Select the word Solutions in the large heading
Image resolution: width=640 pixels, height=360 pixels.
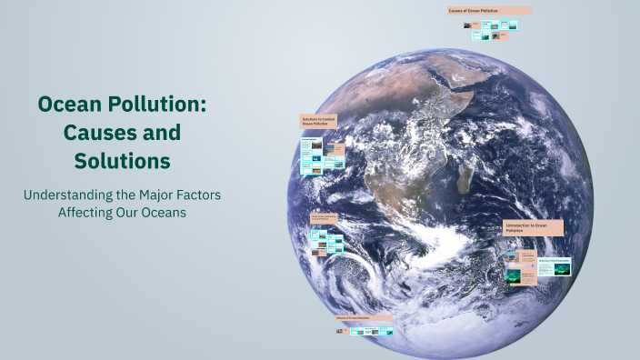coord(122,161)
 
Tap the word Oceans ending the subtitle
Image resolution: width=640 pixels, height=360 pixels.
coord(166,213)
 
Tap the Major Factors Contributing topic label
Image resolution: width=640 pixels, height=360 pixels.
coord(325,217)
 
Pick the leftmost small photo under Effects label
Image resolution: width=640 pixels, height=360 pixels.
coord(339,331)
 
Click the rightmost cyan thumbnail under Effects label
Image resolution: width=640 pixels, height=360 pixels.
coord(386,331)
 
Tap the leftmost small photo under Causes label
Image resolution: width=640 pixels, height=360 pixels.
coord(467,25)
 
